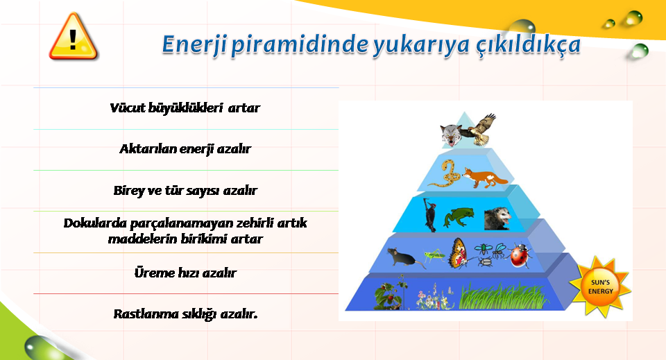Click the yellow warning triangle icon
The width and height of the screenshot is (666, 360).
[x=74, y=37]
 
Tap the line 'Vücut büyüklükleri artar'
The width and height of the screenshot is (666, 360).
[x=185, y=108]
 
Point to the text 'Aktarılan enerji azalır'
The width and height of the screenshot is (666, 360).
[x=185, y=149]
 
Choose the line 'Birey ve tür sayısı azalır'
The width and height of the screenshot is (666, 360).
[x=185, y=190]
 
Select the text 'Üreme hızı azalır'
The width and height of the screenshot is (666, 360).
[x=185, y=273]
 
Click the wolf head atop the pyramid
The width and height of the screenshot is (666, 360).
[x=451, y=135]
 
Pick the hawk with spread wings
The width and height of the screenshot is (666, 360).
[x=479, y=130]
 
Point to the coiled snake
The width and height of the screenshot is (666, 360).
[x=445, y=173]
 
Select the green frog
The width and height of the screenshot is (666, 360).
[x=459, y=217]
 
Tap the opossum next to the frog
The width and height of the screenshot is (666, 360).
[x=497, y=219]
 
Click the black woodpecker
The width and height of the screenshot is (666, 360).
[x=430, y=215]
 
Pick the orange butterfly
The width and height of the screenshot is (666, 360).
[x=459, y=253]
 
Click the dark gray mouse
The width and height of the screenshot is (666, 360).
[x=404, y=257]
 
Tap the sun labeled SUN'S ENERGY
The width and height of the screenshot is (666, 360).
[x=600, y=286]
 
